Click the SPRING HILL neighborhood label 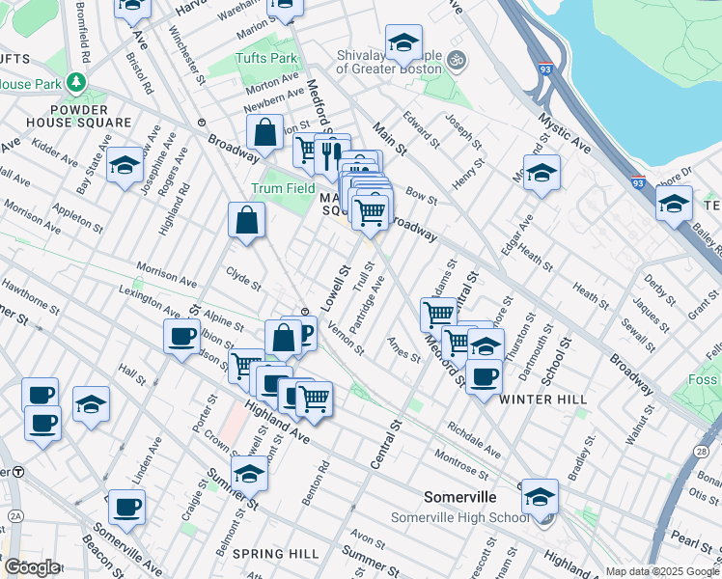276,554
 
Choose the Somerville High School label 460,518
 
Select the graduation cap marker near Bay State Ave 125,166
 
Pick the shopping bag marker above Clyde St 247,219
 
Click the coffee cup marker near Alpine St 181,337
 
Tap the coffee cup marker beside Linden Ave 126,506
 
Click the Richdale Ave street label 474,439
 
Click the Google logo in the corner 32,567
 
